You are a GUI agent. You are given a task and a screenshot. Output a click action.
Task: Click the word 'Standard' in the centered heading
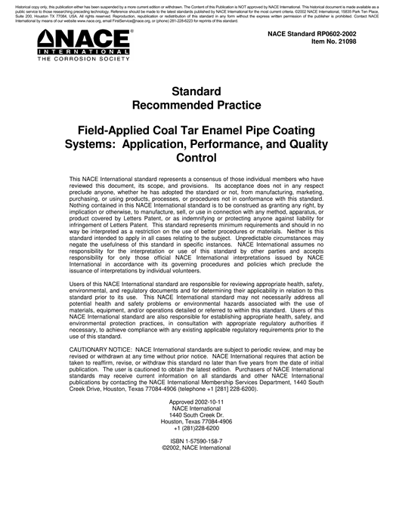(x=196, y=91)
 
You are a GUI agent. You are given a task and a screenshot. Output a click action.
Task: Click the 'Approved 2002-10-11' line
(x=196, y=402)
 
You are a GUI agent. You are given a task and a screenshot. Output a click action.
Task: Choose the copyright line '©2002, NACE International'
(x=196, y=448)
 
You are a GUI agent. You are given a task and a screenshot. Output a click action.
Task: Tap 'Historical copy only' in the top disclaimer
(x=35, y=5)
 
